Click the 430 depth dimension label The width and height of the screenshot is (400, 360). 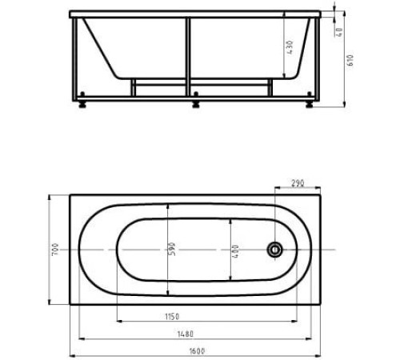[x=290, y=47]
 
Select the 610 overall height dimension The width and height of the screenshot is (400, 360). [x=350, y=60]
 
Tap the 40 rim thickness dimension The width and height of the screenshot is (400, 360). [x=340, y=32]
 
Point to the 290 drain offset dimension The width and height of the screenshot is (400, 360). [x=298, y=183]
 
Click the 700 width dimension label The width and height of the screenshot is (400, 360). [x=55, y=250]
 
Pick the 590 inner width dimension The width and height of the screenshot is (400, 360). [x=172, y=249]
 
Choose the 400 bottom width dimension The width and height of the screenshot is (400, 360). [x=235, y=251]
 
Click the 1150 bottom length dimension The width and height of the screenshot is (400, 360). [x=172, y=317]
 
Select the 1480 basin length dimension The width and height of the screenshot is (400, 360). [x=186, y=334]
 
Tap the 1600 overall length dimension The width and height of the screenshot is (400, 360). [x=198, y=351]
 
